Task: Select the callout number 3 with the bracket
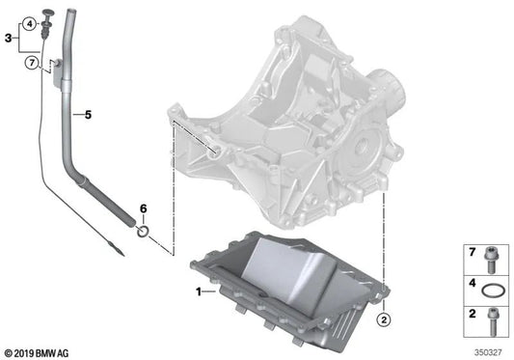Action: (x=9, y=40)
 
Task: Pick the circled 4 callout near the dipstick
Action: (x=30, y=22)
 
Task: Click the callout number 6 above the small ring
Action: (x=143, y=208)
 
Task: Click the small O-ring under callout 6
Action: (x=143, y=230)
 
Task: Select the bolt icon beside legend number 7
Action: (x=491, y=258)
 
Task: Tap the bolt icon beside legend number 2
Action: (x=491, y=315)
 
